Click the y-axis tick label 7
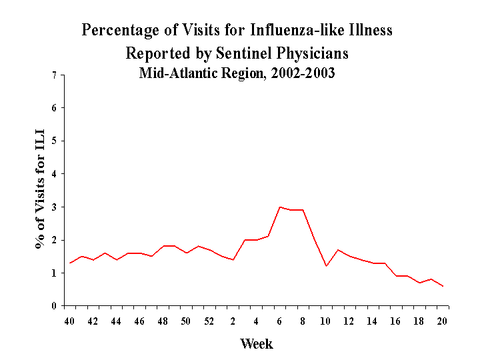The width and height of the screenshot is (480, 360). pos(54,75)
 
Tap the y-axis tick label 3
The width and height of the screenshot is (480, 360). pos(54,207)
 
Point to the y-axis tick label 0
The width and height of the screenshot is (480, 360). pos(54,306)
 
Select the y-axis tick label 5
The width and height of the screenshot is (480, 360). pos(54,141)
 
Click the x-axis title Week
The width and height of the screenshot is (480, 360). pos(256,344)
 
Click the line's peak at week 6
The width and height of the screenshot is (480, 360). pos(279,207)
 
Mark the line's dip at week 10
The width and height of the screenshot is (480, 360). pos(326,266)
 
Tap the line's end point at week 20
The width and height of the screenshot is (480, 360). pos(443,286)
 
